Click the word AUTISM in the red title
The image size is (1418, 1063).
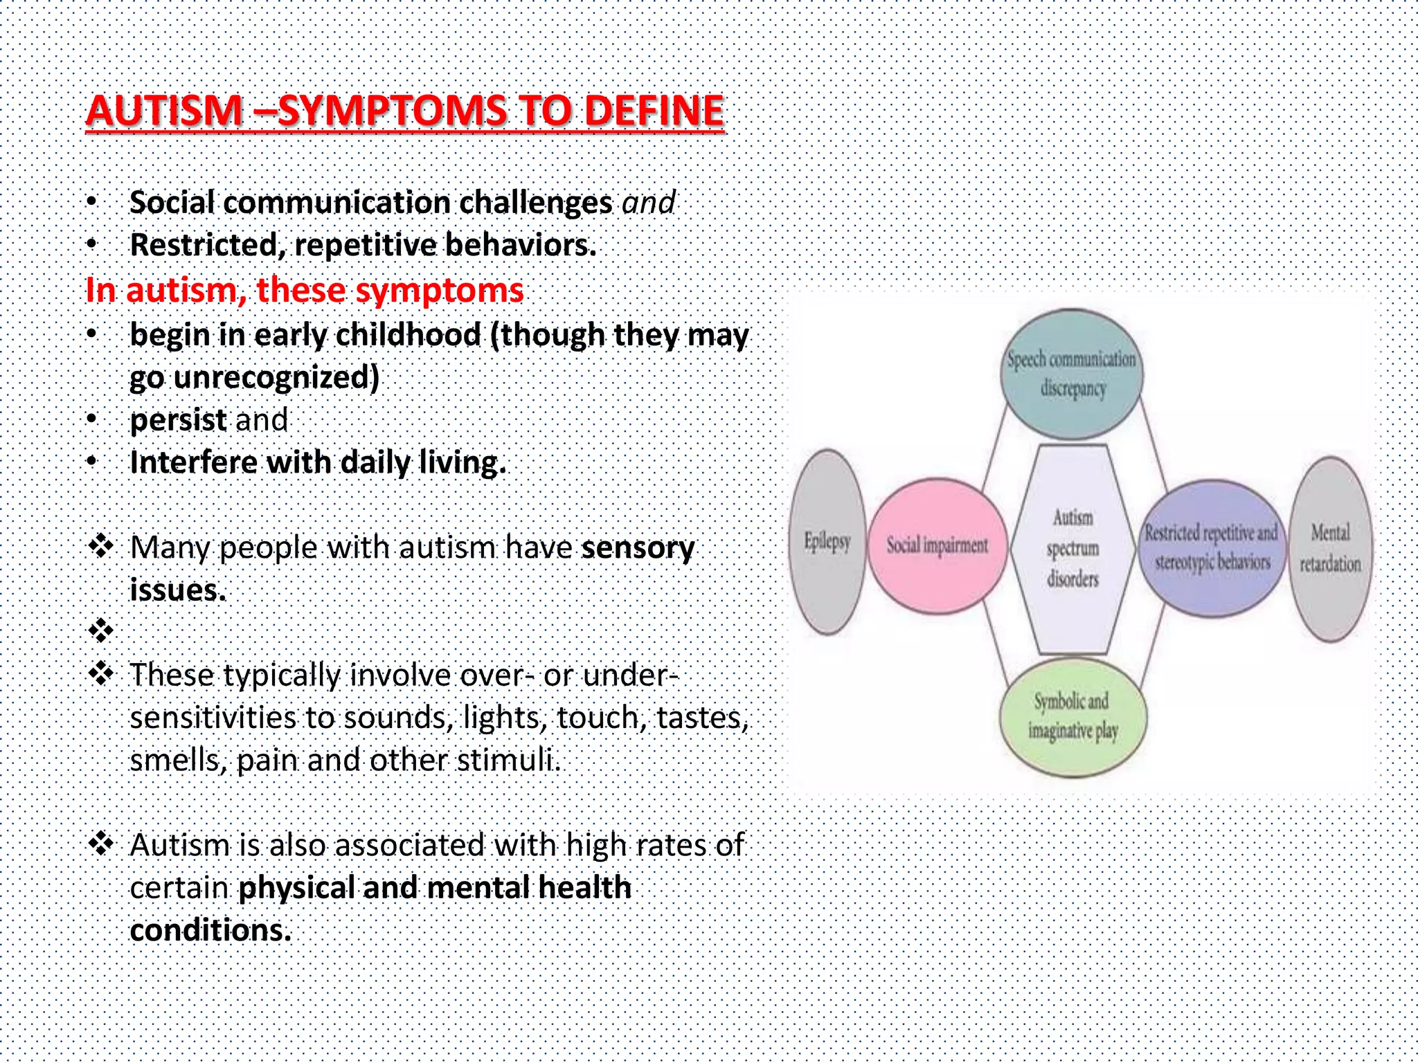point(164,111)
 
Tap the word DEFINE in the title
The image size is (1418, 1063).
point(654,111)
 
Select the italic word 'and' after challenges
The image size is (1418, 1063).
point(648,203)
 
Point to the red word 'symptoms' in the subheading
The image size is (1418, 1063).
point(439,291)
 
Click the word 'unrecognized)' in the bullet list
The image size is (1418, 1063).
point(276,378)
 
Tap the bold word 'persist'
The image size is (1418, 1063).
point(178,420)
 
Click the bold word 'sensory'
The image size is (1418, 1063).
point(637,547)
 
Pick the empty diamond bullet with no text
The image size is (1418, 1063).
point(101,630)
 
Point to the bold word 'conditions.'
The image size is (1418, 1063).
point(210,930)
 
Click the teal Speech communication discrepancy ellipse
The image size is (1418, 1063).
point(1071,374)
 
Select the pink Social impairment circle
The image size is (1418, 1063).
point(937,546)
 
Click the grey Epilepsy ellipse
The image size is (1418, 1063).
point(827,541)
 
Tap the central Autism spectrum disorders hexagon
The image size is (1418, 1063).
point(1073,548)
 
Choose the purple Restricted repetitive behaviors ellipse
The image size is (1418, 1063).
point(1212,547)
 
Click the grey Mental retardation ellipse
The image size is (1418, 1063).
point(1330,548)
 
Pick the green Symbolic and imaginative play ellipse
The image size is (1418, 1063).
point(1073,716)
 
